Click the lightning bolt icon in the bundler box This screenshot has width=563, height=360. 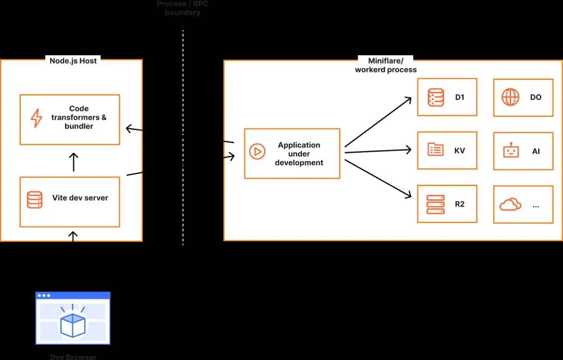pos(36,118)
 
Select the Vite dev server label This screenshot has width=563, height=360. pos(80,198)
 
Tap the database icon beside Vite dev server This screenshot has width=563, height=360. pos(35,200)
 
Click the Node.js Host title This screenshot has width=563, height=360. pos(73,60)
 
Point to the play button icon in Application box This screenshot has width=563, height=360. pos(256,152)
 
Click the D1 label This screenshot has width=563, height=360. pos(459,97)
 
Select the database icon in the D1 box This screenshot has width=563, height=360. pos(435,97)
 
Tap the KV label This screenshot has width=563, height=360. pos(459,151)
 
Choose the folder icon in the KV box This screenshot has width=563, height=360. pos(435,150)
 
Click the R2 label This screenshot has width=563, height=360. pos(459,204)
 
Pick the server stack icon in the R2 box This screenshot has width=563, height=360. pos(435,204)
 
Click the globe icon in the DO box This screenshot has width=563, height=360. pos(510,97)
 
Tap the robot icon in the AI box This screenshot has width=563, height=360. pos(511,151)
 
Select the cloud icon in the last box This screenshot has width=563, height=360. pos(510,205)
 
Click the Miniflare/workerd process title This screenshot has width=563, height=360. pos(386,65)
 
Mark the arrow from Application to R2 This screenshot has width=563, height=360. pos(378,179)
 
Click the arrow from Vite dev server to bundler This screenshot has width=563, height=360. pos(74,162)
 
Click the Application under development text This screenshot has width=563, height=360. pos(299,154)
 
